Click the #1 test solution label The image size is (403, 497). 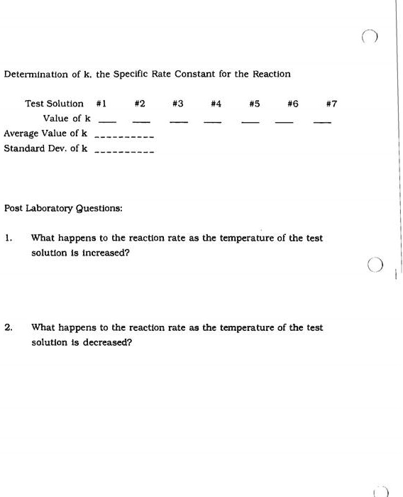coord(101,104)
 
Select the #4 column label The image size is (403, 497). coord(216,104)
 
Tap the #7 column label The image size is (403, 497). coord(331,104)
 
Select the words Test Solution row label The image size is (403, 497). coord(54,104)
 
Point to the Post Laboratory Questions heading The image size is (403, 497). coord(63,208)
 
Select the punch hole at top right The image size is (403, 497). coord(369,37)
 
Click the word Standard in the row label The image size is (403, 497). coord(21,148)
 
